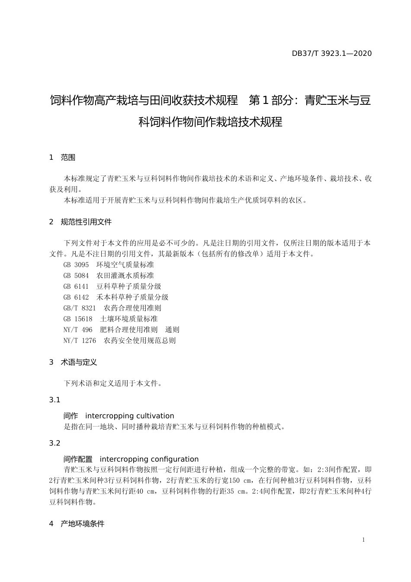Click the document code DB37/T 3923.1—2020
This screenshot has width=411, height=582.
(331, 54)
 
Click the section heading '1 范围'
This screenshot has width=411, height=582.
(62, 158)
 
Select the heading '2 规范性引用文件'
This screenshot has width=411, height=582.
(80, 222)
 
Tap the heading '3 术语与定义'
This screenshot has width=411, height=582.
(73, 362)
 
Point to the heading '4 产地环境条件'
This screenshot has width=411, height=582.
(77, 524)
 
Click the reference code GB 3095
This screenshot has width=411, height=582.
(76, 265)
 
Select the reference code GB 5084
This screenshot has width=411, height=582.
(76, 275)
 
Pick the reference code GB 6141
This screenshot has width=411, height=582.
(76, 286)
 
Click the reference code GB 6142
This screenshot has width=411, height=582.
(76, 297)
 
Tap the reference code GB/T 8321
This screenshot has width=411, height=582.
(80, 308)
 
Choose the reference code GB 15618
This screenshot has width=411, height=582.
(78, 319)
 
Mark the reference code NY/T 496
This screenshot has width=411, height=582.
(78, 330)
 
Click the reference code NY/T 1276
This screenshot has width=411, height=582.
(80, 340)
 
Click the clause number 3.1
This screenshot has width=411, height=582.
(55, 400)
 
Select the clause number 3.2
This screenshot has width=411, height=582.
(55, 443)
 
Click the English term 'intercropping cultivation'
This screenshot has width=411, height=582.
(130, 416)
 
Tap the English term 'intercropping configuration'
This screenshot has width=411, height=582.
(149, 459)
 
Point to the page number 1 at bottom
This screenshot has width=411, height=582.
(363, 540)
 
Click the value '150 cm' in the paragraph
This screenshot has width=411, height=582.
(240, 480)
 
